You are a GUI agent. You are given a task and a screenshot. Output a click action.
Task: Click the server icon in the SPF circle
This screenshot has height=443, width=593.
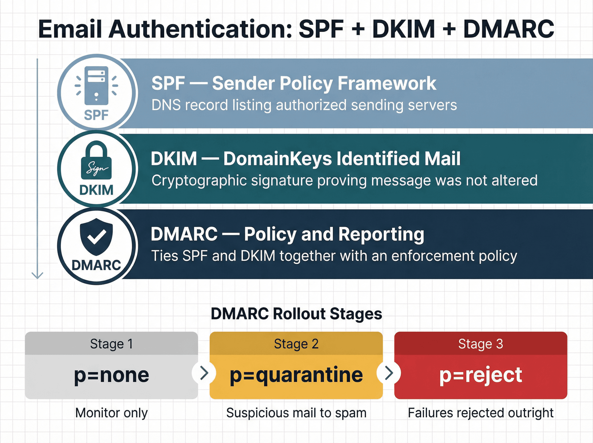coord(96,86)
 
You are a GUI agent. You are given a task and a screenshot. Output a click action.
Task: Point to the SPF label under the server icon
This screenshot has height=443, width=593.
coord(96,115)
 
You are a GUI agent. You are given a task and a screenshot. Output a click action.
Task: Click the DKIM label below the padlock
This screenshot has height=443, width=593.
coord(96,190)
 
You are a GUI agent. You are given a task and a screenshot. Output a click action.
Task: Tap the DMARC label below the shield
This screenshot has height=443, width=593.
coord(96,265)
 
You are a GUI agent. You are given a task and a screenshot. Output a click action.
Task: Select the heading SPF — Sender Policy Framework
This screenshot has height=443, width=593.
coord(293,83)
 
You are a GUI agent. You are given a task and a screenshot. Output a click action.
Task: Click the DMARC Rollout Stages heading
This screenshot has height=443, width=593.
coord(296,314)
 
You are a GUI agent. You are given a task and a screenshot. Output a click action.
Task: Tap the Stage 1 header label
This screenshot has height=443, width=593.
coord(111,344)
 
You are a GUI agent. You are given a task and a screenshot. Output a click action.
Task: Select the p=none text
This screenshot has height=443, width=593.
coord(111,375)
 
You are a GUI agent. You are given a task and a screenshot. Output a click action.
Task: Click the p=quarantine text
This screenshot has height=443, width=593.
coord(296,375)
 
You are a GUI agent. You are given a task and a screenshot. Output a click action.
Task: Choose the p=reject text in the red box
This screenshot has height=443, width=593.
coord(481,375)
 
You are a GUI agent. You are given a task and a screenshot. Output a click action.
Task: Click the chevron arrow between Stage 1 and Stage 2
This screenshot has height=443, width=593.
coord(204,373)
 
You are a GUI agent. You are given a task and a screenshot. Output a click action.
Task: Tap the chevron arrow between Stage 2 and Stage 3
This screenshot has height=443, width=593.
coord(389,373)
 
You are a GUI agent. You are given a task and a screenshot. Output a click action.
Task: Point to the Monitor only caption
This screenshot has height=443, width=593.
coord(111,413)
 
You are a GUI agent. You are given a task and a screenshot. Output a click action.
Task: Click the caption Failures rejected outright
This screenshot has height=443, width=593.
coord(481,413)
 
